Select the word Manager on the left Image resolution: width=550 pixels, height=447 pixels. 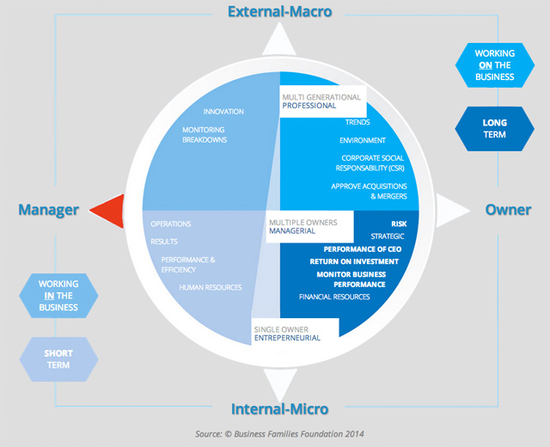48,210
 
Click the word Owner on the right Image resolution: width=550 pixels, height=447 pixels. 509,210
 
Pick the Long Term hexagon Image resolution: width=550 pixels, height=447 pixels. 494,128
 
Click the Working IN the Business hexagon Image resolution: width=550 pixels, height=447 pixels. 58,295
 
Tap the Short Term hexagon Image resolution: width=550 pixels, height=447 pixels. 58,358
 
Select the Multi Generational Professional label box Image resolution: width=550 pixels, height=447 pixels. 321,102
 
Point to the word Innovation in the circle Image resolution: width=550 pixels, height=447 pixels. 223,112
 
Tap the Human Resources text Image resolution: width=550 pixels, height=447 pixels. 211,287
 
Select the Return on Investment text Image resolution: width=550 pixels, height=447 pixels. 354,261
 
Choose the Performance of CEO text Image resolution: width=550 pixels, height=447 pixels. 352,248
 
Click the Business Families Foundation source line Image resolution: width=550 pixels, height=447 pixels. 274,434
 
